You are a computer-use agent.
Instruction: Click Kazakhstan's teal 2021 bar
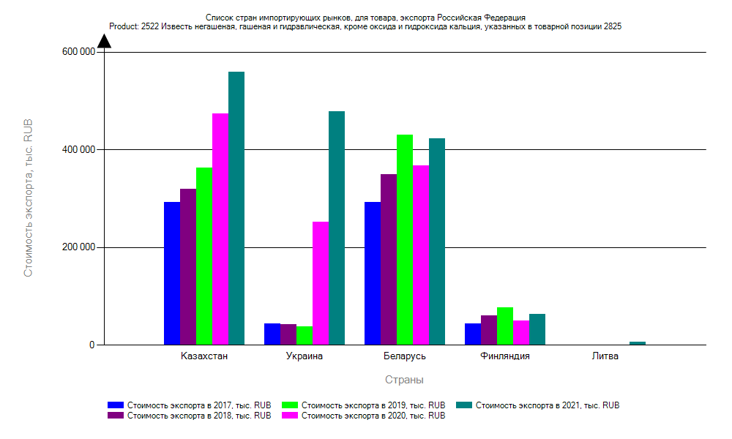236,209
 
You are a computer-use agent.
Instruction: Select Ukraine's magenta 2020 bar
321,283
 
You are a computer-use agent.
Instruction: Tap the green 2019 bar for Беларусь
405,240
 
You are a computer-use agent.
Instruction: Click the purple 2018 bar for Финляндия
489,330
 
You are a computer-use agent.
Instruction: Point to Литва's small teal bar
638,343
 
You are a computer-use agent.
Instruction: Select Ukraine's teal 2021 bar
337,228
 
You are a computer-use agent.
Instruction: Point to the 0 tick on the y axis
93,345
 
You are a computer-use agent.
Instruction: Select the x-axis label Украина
304,357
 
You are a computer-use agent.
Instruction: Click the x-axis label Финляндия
505,357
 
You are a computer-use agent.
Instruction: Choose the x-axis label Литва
605,357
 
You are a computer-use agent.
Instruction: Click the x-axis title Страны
404,380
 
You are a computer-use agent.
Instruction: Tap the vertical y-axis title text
29,198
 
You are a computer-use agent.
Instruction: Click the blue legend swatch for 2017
116,405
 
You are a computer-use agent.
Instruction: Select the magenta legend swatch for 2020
290,416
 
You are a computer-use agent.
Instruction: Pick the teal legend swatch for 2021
464,405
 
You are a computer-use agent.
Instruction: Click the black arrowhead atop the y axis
104,40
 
